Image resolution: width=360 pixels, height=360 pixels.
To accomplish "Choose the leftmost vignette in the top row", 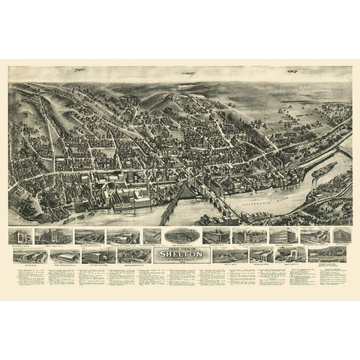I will point(20,236).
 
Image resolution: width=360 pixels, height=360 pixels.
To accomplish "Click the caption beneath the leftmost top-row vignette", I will point(20,245).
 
